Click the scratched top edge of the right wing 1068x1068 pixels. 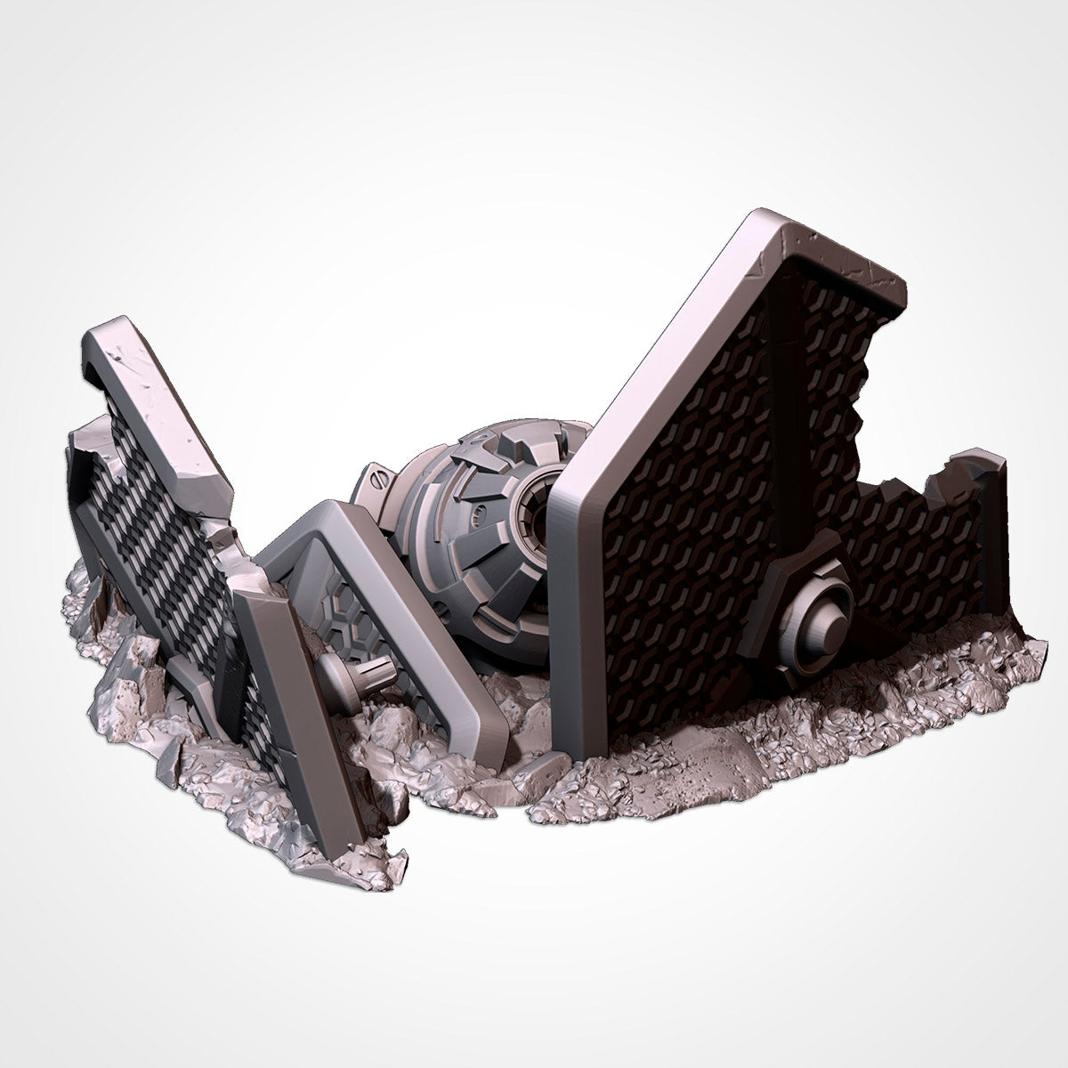click(828, 239)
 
